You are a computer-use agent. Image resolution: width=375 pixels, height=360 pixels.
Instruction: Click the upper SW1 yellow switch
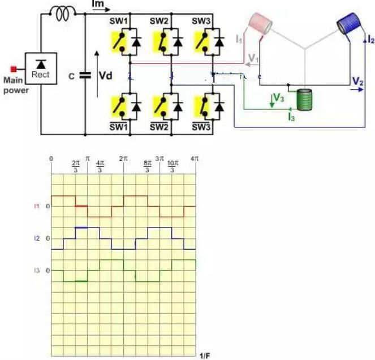pyautogui.click(x=119, y=40)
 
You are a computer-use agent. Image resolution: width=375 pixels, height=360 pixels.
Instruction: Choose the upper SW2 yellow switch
pyautogui.click(x=159, y=40)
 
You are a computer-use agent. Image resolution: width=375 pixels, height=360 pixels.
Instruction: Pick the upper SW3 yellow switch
pyautogui.click(x=200, y=40)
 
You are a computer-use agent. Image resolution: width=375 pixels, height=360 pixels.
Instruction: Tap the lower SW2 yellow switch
pyautogui.click(x=159, y=105)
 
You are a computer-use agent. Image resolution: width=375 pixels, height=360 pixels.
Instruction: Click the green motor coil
pyautogui.click(x=305, y=100)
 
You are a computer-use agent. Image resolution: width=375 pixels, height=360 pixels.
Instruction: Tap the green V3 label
pyautogui.click(x=279, y=98)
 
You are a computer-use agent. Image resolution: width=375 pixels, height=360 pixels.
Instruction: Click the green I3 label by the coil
pyautogui.click(x=291, y=117)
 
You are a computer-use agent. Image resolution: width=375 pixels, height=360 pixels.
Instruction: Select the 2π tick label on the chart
pyautogui.click(x=123, y=159)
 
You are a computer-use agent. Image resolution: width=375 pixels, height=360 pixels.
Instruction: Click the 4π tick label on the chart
pyautogui.click(x=195, y=159)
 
